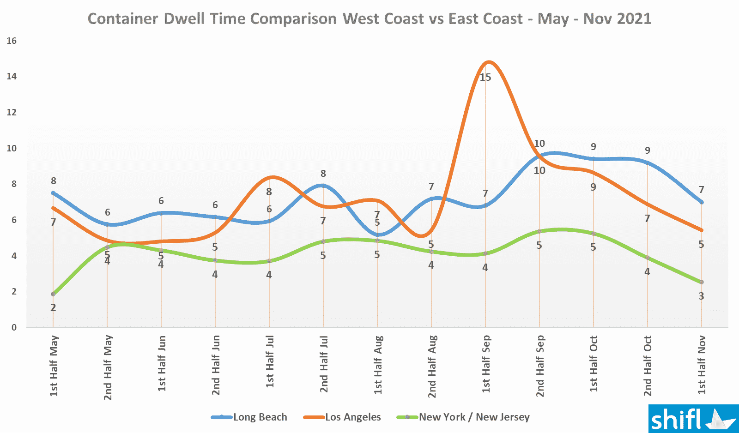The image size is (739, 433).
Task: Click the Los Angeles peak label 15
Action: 485,78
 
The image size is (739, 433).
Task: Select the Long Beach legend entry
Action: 249,417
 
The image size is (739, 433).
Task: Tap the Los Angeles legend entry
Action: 342,417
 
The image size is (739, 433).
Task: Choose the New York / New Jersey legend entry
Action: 463,417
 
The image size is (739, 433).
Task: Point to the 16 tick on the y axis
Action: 12,41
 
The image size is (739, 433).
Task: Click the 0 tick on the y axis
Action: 14,328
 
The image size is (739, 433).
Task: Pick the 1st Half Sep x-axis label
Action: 486,364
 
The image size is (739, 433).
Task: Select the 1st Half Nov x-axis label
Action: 702,365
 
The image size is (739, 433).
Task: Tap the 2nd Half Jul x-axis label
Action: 324,364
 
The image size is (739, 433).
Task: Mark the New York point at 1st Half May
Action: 54,294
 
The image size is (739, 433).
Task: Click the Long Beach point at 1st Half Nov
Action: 702,202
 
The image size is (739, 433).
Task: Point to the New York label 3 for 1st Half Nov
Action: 701,296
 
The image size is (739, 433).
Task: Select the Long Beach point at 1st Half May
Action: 54,193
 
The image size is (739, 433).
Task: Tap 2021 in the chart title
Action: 634,19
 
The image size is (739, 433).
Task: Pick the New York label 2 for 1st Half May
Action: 53,308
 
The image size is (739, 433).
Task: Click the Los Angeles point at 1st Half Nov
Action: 702,230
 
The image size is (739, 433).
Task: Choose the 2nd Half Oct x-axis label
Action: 648,366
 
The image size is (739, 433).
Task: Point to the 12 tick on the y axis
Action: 12,113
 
